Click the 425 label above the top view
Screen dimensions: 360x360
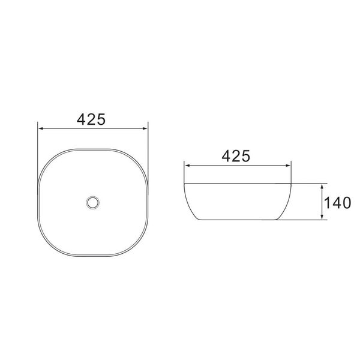coord(92,119)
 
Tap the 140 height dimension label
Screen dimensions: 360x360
coord(337,203)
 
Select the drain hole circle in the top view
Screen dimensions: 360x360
coord(92,202)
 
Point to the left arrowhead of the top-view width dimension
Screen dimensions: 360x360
coord(41,127)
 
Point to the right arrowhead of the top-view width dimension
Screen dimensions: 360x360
coord(145,127)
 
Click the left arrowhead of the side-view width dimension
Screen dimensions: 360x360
coord(187,164)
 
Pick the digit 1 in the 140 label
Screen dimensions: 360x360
coord(328,203)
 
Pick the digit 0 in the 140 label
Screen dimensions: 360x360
coord(346,203)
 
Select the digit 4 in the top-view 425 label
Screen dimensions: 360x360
coord(82,119)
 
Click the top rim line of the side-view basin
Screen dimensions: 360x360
coord(237,183)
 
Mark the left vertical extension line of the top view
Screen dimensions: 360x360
coord(38,144)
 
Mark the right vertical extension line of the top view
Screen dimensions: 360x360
coord(148,144)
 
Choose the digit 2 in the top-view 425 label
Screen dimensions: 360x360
coord(92,119)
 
